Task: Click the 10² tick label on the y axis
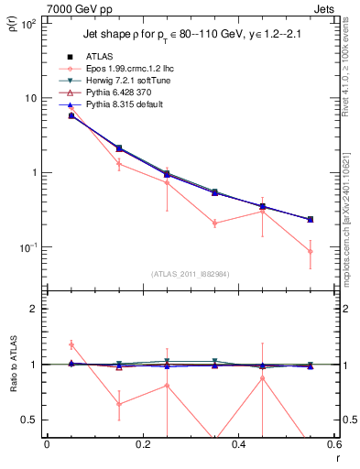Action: (x=29, y=23)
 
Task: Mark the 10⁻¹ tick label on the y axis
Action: (x=29, y=247)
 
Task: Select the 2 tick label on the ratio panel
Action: (x=35, y=309)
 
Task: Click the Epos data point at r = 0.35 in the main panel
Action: (x=214, y=223)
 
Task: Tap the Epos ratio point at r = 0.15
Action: (x=118, y=403)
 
